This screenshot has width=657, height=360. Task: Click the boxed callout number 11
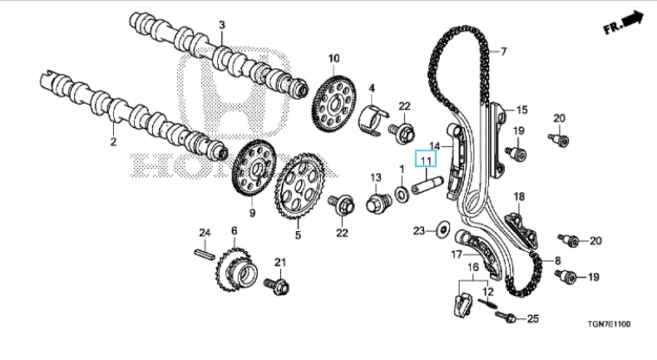[426, 160]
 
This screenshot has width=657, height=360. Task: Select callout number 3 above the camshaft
[222, 26]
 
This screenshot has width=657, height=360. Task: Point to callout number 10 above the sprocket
[333, 58]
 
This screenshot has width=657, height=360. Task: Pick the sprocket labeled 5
[299, 191]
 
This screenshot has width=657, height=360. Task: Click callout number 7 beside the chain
[503, 52]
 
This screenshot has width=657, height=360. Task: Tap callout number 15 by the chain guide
[521, 109]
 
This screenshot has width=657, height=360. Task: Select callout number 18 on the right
[519, 196]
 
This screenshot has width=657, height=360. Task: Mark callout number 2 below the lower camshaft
[113, 142]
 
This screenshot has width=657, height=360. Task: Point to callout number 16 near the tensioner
[472, 268]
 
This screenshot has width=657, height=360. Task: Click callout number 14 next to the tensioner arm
[434, 145]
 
